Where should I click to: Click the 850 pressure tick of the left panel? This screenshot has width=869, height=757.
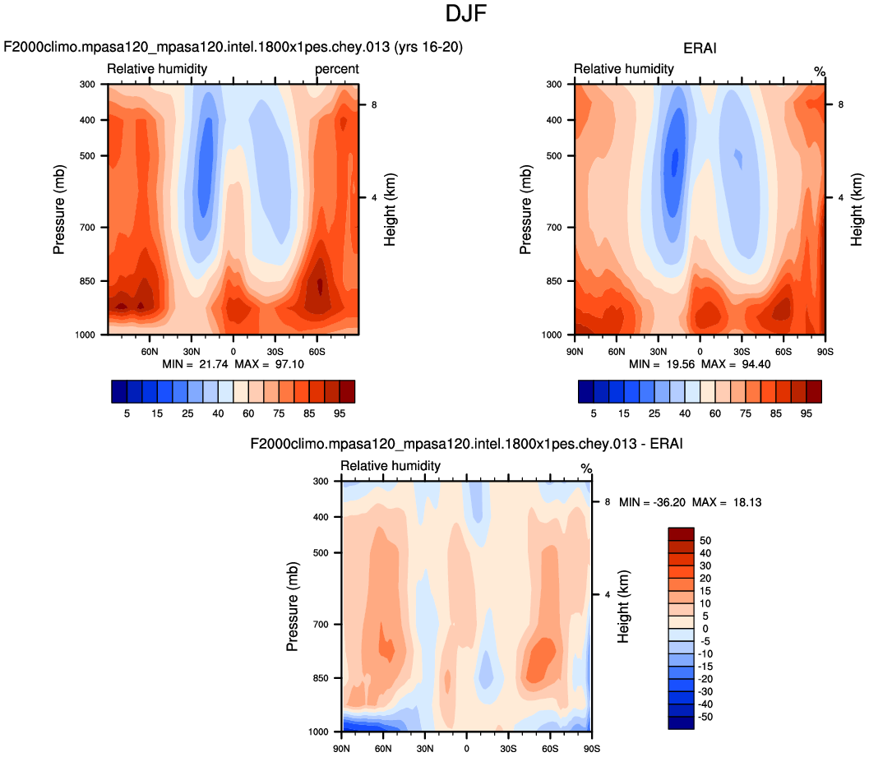pos(88,281)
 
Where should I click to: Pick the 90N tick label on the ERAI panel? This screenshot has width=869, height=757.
pos(575,351)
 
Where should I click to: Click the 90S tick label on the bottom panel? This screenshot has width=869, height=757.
pos(591,748)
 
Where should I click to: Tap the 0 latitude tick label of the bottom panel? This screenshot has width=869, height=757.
pos(466,748)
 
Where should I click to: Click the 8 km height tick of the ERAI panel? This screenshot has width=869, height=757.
pos(840,104)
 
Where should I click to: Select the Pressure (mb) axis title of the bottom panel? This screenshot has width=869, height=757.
pos(291,607)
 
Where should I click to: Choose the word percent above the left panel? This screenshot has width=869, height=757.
pos(337,69)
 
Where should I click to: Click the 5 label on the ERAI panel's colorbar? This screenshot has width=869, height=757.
pos(594,413)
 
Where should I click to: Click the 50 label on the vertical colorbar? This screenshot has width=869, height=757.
pos(704,540)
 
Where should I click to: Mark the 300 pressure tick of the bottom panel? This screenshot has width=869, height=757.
pos(321,481)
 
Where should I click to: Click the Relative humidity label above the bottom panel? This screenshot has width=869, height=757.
pos(391,466)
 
